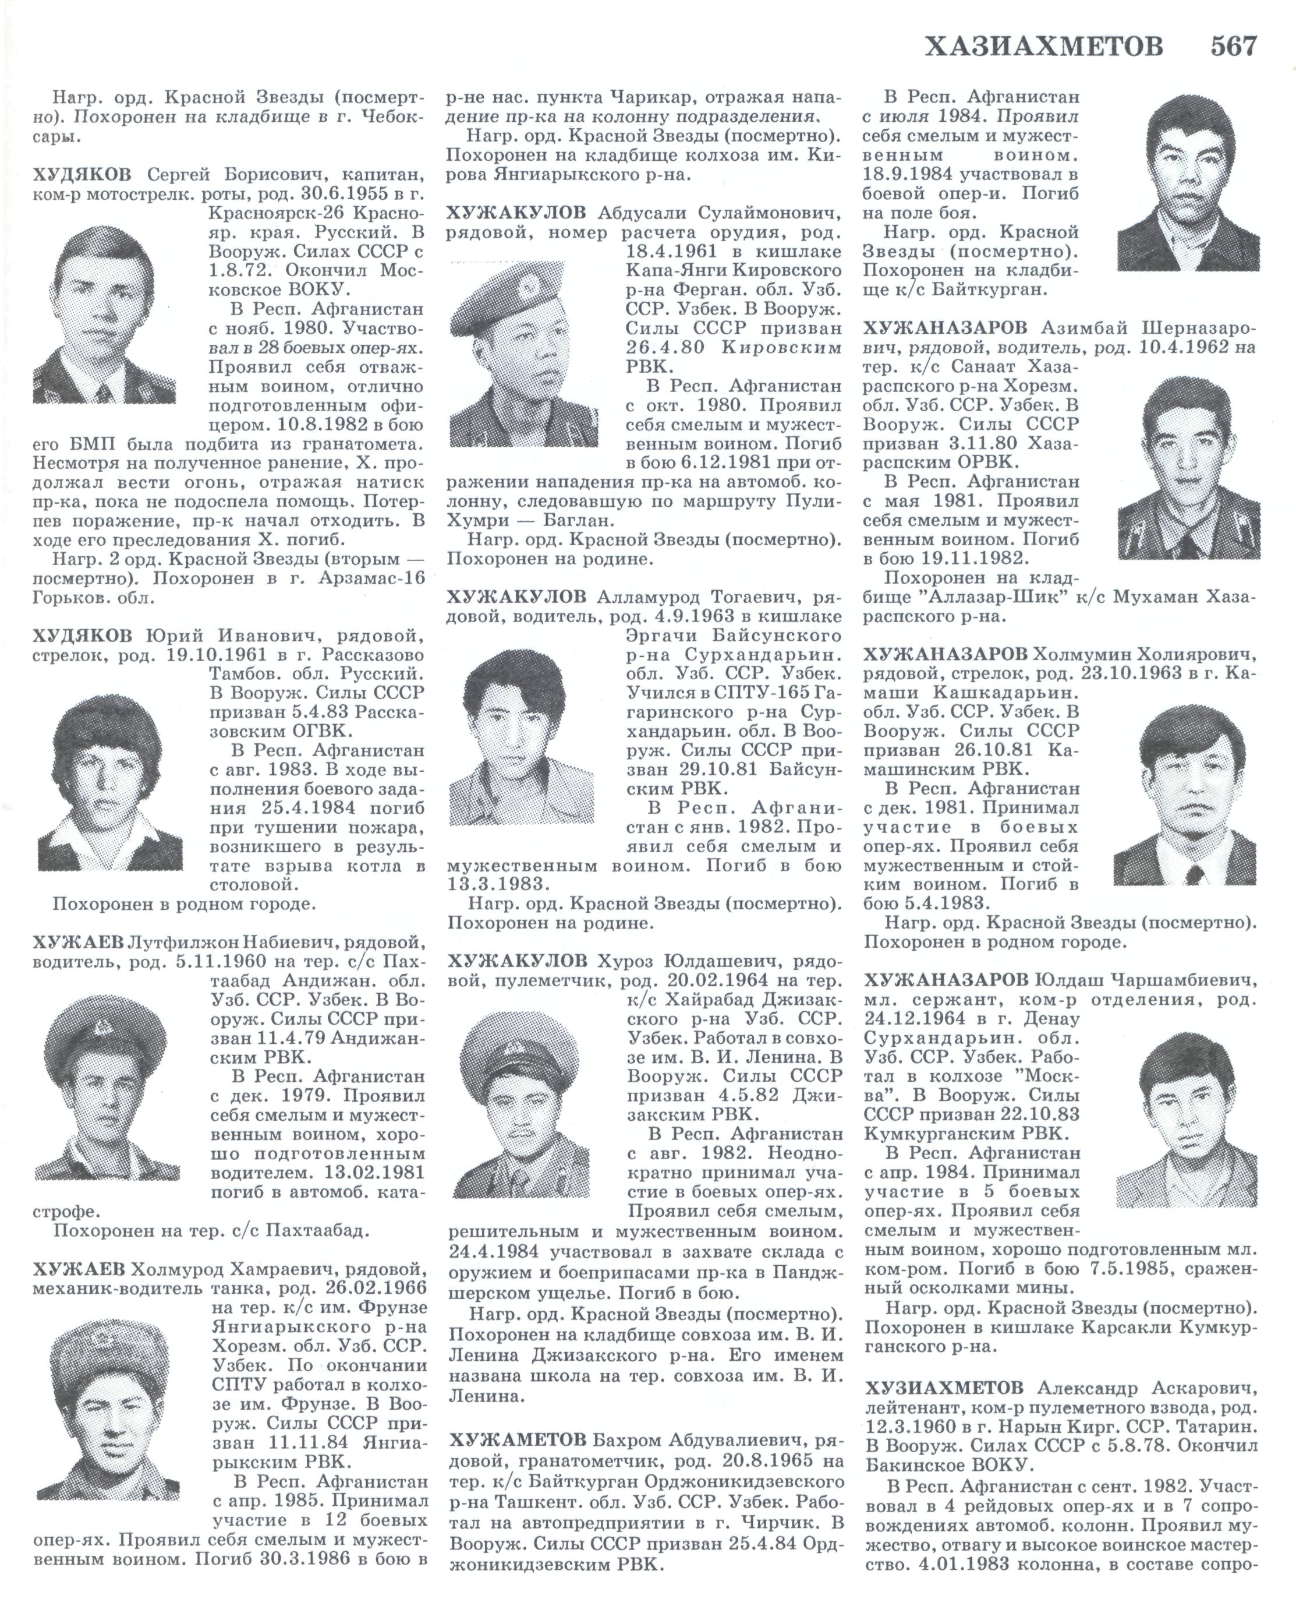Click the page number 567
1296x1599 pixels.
point(1233,46)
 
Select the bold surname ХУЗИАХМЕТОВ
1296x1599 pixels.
point(944,1388)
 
